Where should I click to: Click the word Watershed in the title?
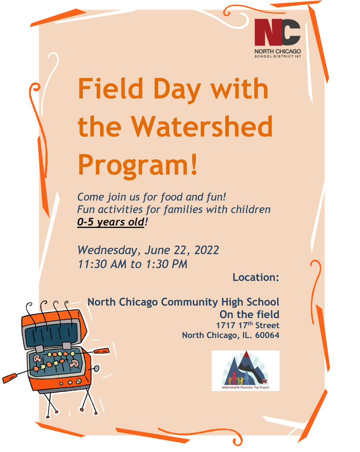point(202,126)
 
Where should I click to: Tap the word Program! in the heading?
point(137,165)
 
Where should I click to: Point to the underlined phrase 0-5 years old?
point(110,222)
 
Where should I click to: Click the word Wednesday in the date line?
point(107,250)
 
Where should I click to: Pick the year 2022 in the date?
point(206,250)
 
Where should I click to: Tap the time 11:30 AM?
point(102,264)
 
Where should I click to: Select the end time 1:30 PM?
point(166,264)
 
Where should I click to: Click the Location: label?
point(256,277)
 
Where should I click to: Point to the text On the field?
point(249,314)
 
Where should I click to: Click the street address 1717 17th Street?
point(247,325)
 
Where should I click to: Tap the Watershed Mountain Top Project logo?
point(245,371)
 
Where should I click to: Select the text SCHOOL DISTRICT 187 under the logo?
point(277,56)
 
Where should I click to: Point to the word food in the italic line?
point(171,197)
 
